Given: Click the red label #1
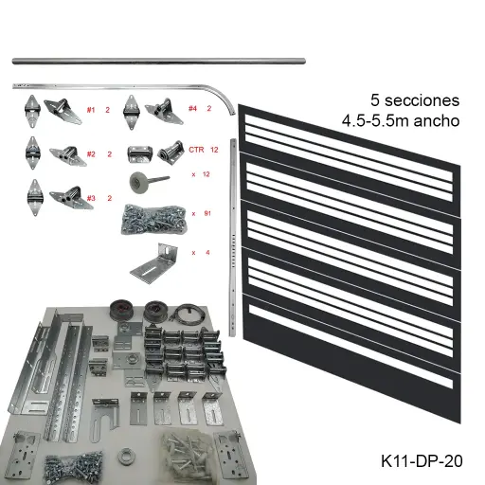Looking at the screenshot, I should click(91, 110).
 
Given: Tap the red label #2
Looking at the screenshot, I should click(91, 153).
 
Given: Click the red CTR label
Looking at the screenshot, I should click(197, 150).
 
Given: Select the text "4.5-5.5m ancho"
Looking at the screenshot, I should click(402, 120).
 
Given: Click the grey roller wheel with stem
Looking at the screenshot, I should click(149, 181).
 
